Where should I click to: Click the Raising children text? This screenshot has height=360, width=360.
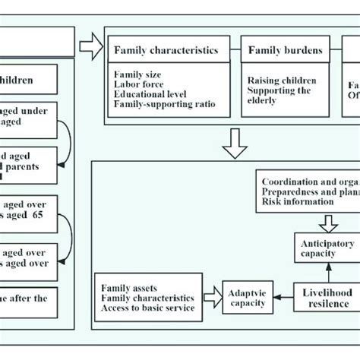point(282,80)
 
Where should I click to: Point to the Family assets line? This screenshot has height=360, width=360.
point(128,288)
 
